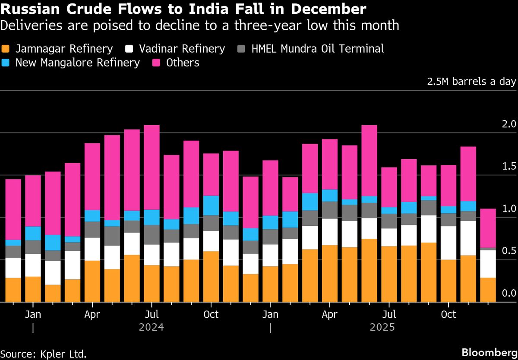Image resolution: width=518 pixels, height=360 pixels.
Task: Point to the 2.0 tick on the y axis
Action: (509, 125)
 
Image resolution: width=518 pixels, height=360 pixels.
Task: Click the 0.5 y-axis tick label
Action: (509, 251)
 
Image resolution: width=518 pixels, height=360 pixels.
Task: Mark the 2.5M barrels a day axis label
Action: (471, 82)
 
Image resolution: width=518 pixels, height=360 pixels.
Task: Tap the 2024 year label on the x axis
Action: (151, 328)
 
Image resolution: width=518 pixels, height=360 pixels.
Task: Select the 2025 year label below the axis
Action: (382, 328)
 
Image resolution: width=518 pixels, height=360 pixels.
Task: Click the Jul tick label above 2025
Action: (389, 314)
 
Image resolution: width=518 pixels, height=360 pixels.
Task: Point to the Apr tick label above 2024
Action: (92, 314)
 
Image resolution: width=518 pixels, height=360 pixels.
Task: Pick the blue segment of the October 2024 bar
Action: (211, 205)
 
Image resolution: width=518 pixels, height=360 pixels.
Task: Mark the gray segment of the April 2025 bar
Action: (330, 210)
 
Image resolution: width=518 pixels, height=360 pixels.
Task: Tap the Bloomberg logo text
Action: (489, 352)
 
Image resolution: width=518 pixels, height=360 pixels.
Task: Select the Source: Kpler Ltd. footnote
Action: (44, 354)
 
